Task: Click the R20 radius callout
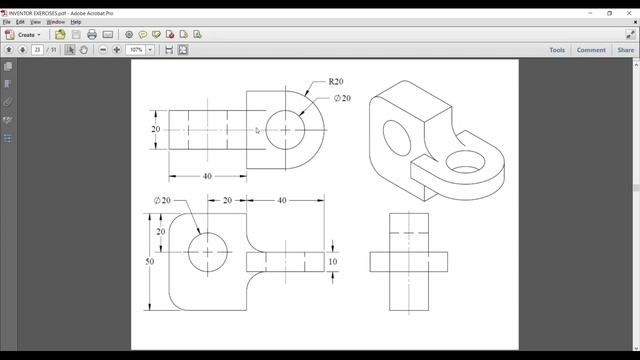click(337, 80)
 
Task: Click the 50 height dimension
click(150, 261)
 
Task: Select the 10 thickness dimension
click(333, 261)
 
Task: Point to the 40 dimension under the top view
click(207, 176)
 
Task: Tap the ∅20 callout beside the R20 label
click(342, 98)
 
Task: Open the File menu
click(6, 21)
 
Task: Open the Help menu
click(75, 21)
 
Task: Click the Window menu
click(55, 21)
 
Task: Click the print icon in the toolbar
click(91, 34)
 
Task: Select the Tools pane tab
click(557, 49)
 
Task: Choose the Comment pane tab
click(590, 49)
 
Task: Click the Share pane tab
click(625, 49)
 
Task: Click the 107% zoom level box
click(137, 49)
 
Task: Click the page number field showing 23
click(38, 49)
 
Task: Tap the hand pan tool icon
click(84, 49)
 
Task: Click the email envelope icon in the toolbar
click(108, 34)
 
